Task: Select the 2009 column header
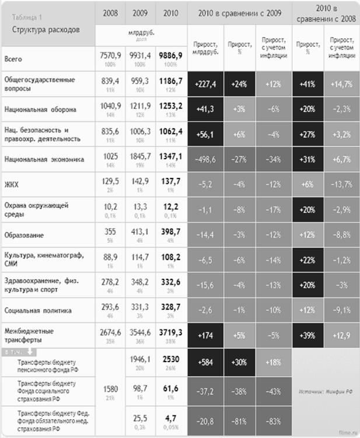(x=141, y=12)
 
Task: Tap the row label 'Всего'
(x=13, y=58)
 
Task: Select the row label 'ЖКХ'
(x=12, y=184)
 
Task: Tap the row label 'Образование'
(x=24, y=234)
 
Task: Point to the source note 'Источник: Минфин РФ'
(x=323, y=392)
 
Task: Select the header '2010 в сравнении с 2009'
(x=239, y=12)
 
